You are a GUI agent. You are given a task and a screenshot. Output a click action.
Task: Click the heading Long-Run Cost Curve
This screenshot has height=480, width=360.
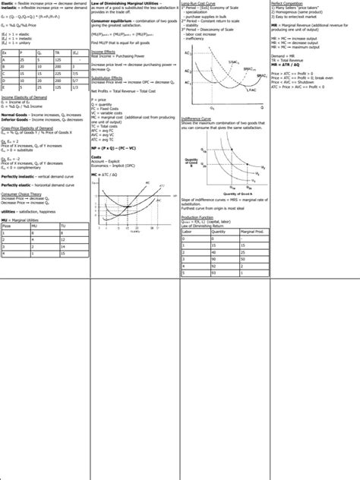click(200, 4)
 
